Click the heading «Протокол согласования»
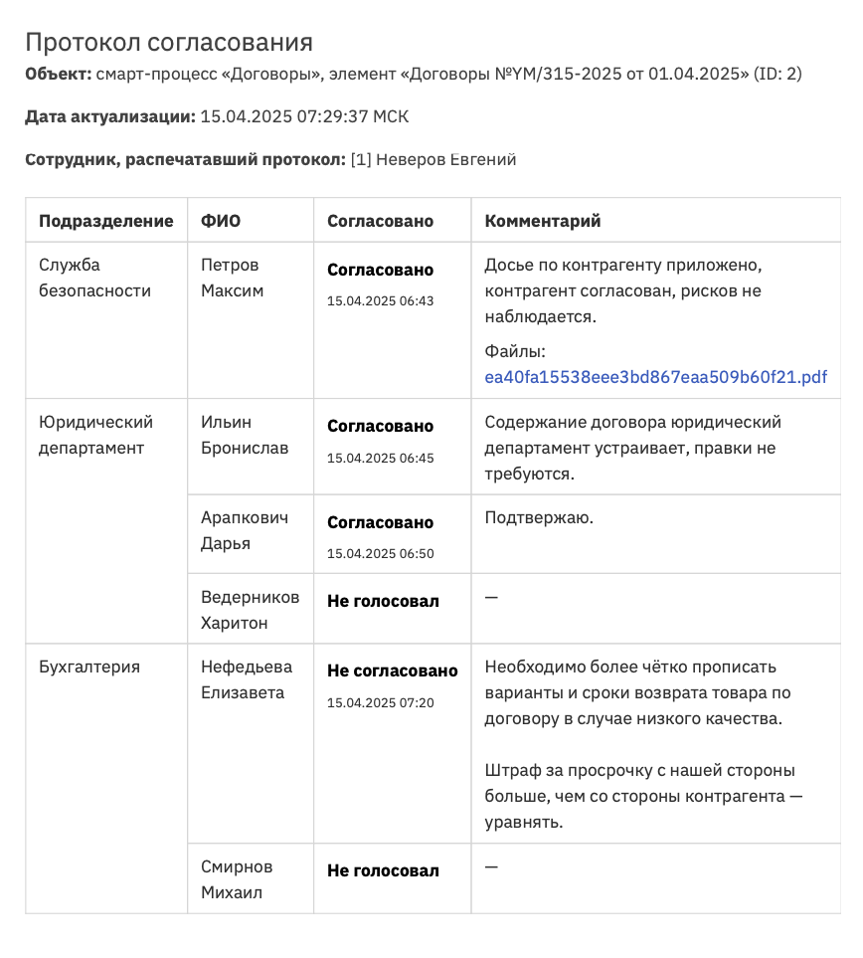point(169,43)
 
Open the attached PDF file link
point(655,377)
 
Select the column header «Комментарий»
point(543,221)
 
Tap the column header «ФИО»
point(221,221)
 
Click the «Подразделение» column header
point(106,221)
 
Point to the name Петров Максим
point(232,278)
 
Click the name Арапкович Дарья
point(245,531)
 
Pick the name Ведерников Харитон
point(250,610)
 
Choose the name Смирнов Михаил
point(237,879)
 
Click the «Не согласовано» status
point(392,671)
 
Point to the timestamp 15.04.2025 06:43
point(380,300)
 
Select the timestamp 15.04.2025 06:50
point(380,553)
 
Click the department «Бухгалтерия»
point(89,667)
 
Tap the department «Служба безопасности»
point(94,278)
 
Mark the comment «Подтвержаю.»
point(539,517)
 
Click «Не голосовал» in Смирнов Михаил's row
point(383,870)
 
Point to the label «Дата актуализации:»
point(110,116)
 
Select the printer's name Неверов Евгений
point(445,159)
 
